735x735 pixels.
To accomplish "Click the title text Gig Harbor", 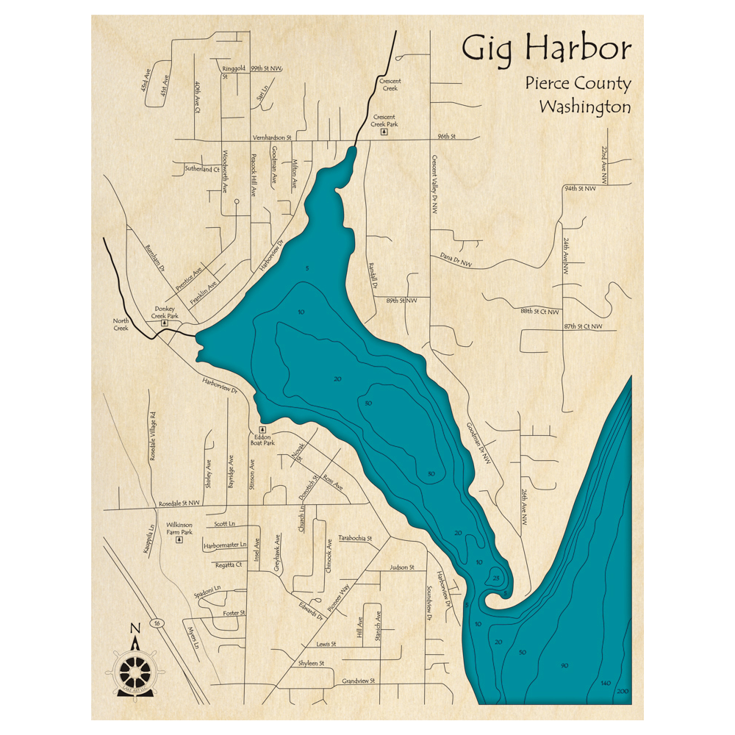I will (x=546, y=51).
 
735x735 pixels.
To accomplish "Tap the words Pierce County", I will (x=578, y=84).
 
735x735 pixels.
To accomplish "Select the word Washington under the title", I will (x=584, y=107).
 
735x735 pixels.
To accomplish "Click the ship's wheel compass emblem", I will (x=135, y=669).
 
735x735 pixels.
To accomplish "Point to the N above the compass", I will (x=135, y=628).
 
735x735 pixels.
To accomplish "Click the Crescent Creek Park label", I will (x=384, y=121).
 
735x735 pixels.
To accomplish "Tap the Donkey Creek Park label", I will (x=165, y=313).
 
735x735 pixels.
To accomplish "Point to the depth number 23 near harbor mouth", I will (x=496, y=578).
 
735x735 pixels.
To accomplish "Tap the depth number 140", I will (x=606, y=683).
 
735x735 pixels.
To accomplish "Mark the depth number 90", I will (x=564, y=666).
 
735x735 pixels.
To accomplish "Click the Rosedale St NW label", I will (x=179, y=503).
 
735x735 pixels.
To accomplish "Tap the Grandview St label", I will (x=358, y=681).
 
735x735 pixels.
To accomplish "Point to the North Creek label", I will (x=121, y=324).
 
